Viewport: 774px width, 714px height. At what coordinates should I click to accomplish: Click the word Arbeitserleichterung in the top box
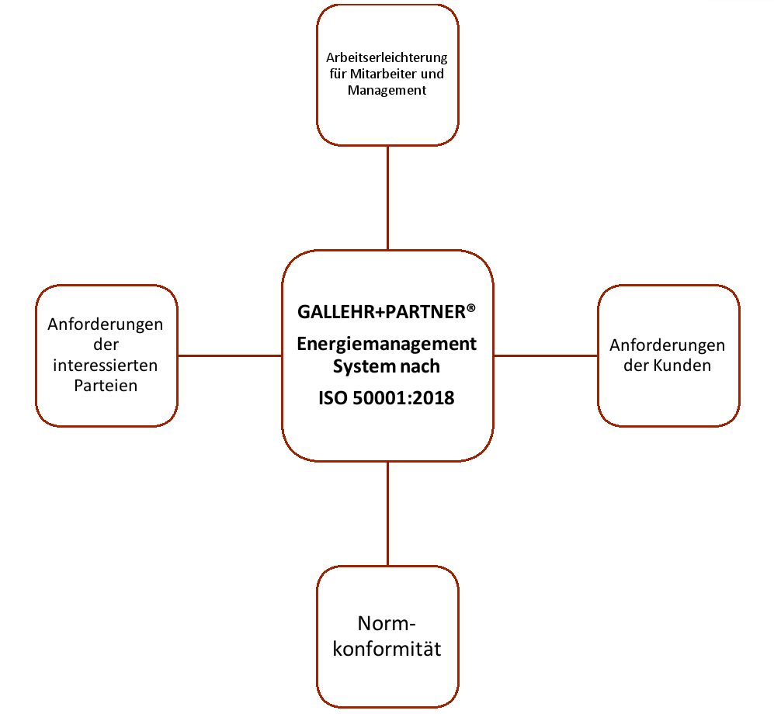pos(387,59)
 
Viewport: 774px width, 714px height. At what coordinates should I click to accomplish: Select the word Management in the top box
pos(387,91)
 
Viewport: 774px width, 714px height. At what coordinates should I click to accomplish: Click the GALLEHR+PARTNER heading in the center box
pos(381,312)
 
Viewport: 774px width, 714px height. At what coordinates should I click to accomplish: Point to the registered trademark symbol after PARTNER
pos(470,308)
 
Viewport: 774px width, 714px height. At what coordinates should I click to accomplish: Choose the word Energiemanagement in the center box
pos(387,344)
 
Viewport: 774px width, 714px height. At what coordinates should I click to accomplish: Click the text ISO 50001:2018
pos(387,398)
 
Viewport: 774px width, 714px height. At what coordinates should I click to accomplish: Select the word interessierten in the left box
pos(106,365)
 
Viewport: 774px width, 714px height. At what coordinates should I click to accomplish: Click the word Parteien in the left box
pos(106,385)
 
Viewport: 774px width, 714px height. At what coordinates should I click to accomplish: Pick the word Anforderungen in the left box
pos(106,324)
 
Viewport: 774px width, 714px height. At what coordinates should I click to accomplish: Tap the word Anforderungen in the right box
pos(667,345)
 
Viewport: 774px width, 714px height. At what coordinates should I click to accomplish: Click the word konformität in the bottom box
pos(387,648)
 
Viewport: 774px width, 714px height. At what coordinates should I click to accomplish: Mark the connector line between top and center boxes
pos(387,198)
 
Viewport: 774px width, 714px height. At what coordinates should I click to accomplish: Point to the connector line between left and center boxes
pos(230,355)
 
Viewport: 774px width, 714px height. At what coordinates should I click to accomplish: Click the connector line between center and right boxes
pos(545,355)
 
